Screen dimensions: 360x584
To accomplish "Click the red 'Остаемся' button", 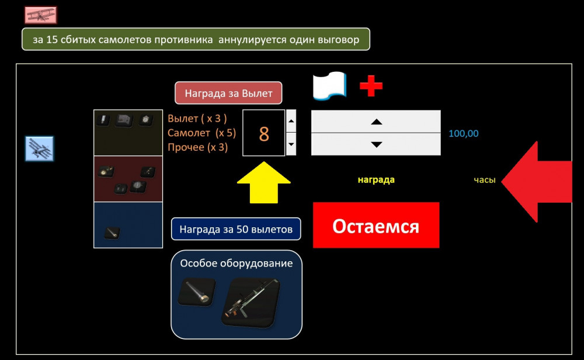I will (x=376, y=225).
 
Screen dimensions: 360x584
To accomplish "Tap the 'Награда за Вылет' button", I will (x=228, y=93).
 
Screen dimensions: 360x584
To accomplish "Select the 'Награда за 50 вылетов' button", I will (x=236, y=229).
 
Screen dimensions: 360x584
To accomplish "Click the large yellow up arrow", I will (x=263, y=181).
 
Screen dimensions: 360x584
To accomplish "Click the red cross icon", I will (x=371, y=85).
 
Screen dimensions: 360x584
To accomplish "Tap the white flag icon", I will (x=329, y=86).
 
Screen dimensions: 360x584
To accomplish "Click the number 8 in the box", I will (x=264, y=133).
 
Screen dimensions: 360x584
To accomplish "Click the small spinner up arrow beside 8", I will (x=291, y=121).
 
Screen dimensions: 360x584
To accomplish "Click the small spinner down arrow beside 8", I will (x=291, y=144).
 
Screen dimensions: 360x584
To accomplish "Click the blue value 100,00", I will (x=464, y=134).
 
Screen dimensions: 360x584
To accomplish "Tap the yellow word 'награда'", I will (x=376, y=180).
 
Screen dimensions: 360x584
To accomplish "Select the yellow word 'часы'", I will (x=484, y=180).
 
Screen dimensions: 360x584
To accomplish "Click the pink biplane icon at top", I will (x=40, y=15).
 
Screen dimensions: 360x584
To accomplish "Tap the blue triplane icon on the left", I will (x=40, y=149).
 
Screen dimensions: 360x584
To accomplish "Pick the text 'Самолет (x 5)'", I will (x=202, y=133).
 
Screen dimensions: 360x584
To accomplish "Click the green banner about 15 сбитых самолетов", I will (x=196, y=39).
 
